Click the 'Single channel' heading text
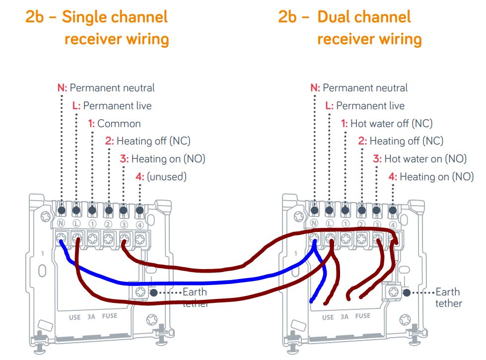coord(115,17)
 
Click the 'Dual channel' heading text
coord(364,17)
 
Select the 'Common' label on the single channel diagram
coord(119,124)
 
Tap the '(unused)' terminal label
coord(167,176)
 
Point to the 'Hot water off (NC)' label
coord(391,124)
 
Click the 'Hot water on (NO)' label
coord(425,159)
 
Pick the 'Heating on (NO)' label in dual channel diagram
coord(436,176)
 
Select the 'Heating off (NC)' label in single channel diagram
coord(153,141)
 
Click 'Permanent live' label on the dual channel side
coord(370,106)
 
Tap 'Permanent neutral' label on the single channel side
coord(112,88)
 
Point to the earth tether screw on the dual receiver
coord(394,291)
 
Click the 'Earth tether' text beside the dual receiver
coord(448,297)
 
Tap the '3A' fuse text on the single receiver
coord(91,316)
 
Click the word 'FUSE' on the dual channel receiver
coord(362,316)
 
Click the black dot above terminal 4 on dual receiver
coord(392,210)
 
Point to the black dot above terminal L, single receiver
coord(76,210)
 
